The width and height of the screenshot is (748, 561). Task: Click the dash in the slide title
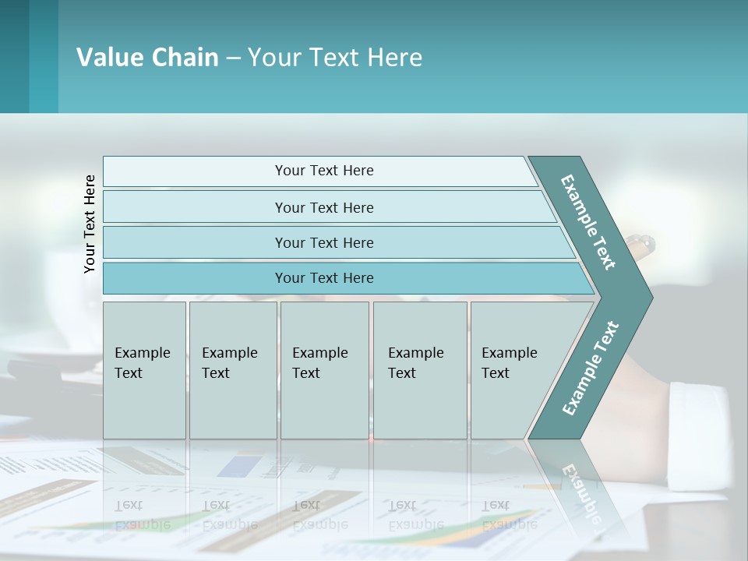point(233,58)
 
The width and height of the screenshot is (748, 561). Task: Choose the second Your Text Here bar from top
point(323,207)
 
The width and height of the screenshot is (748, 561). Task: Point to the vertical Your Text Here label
point(90,224)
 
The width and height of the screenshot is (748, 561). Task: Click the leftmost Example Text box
point(144,370)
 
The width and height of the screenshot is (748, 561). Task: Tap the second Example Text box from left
point(232,370)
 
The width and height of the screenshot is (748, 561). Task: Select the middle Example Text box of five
point(324,370)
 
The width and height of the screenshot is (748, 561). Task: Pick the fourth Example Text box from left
point(419,370)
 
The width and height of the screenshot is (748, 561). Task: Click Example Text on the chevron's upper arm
point(588,222)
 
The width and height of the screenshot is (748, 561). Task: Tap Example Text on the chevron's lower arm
point(591,368)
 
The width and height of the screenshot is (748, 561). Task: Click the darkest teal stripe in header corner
point(14,56)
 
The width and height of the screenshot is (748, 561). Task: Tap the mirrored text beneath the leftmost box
point(143,515)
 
